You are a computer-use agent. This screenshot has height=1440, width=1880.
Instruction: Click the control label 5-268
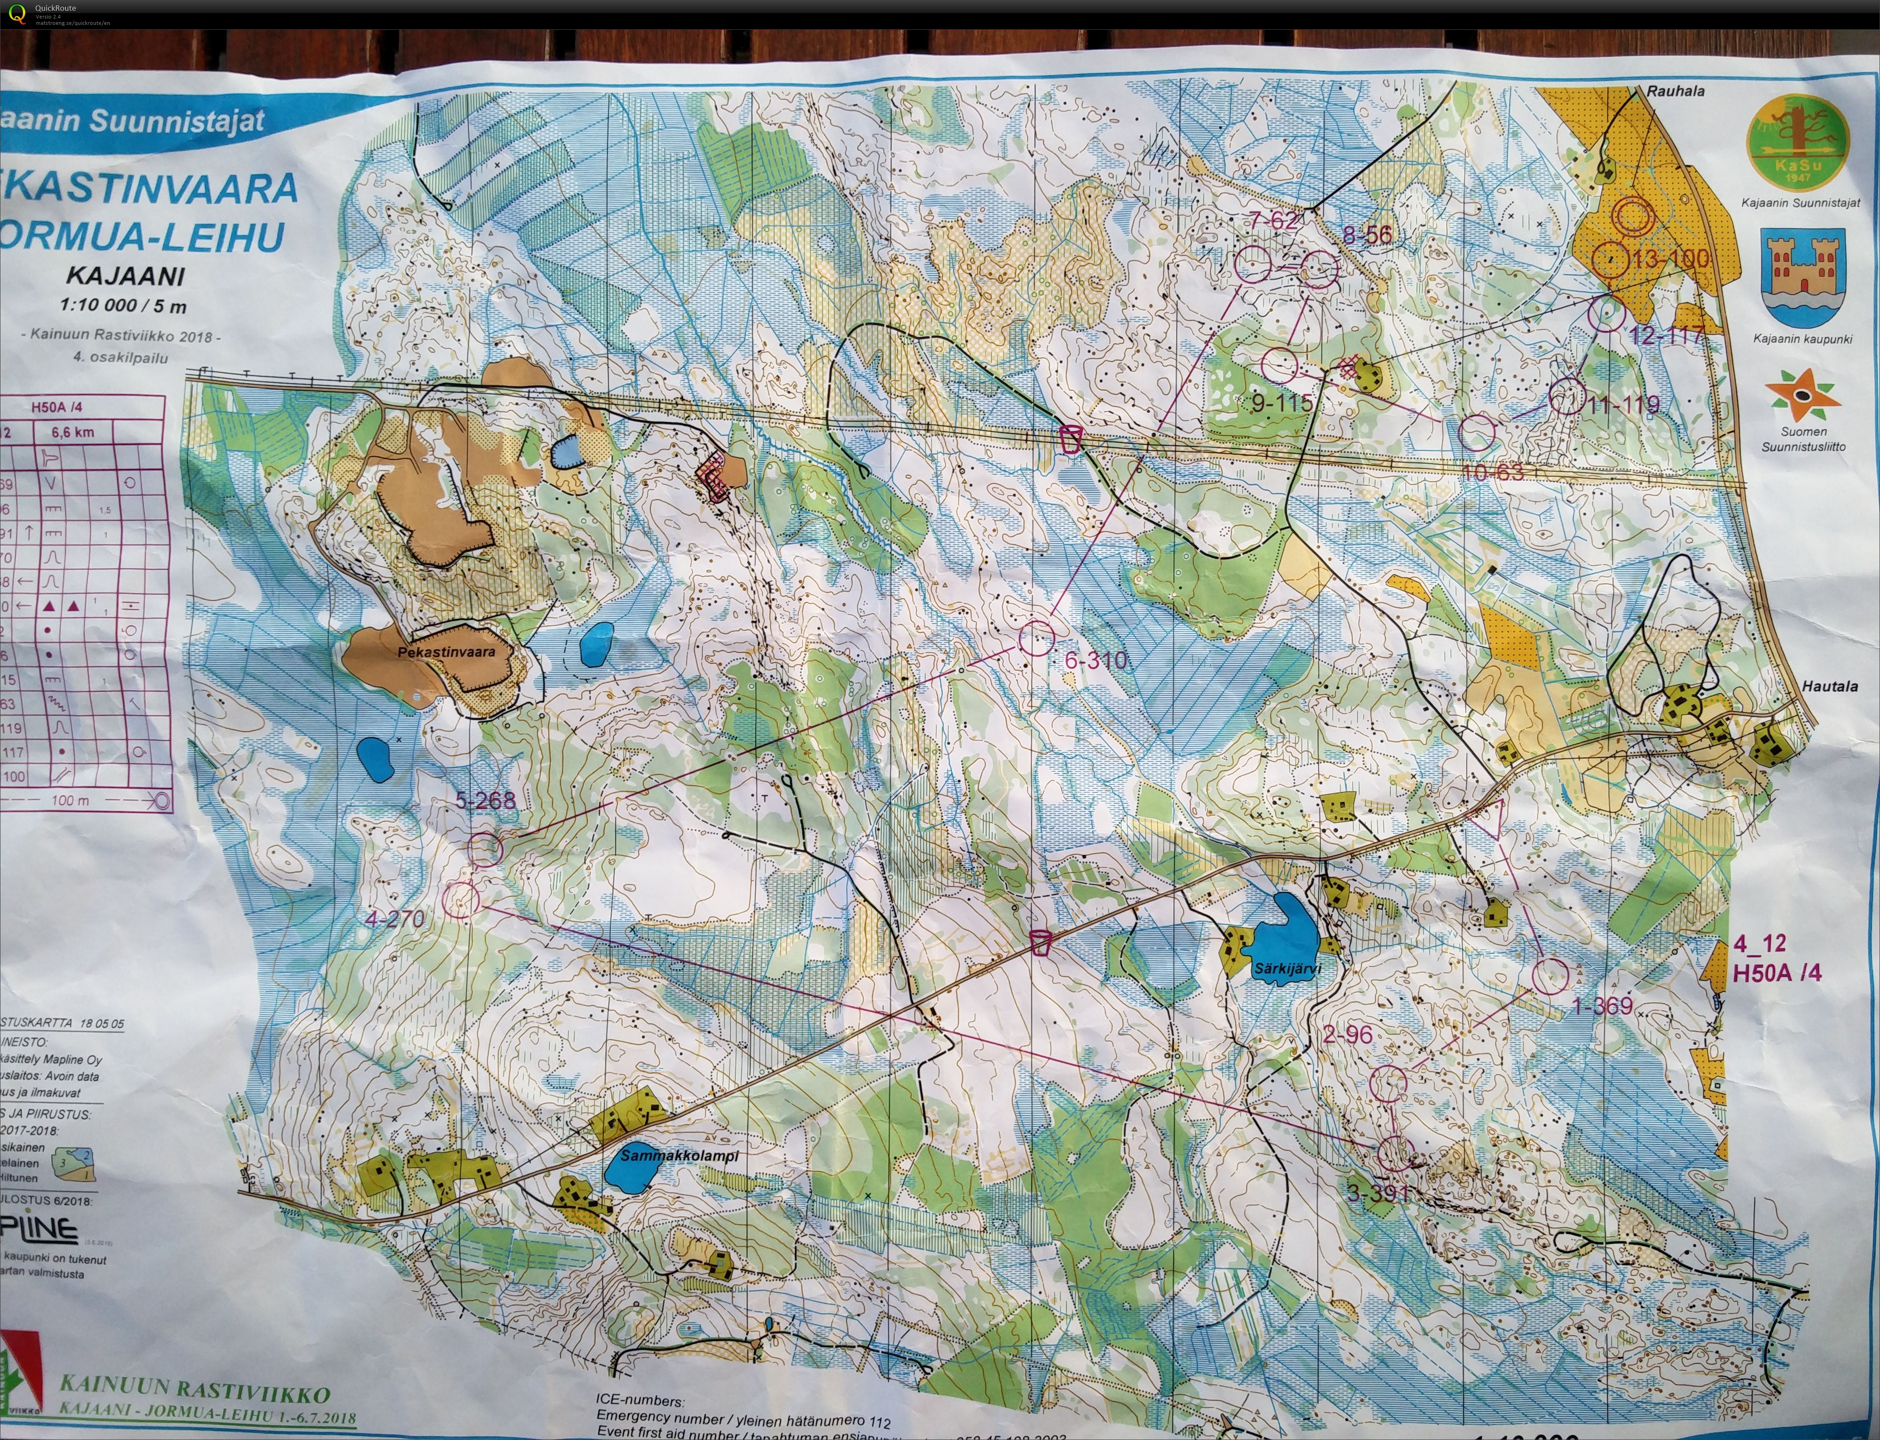tap(486, 801)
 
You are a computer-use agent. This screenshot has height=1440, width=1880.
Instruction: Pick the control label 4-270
tap(395, 919)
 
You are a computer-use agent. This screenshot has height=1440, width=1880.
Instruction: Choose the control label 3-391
tap(1377, 1192)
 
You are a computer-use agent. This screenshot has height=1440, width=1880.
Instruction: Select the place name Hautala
tap(1829, 686)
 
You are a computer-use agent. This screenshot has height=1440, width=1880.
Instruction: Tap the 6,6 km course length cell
tap(73, 432)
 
